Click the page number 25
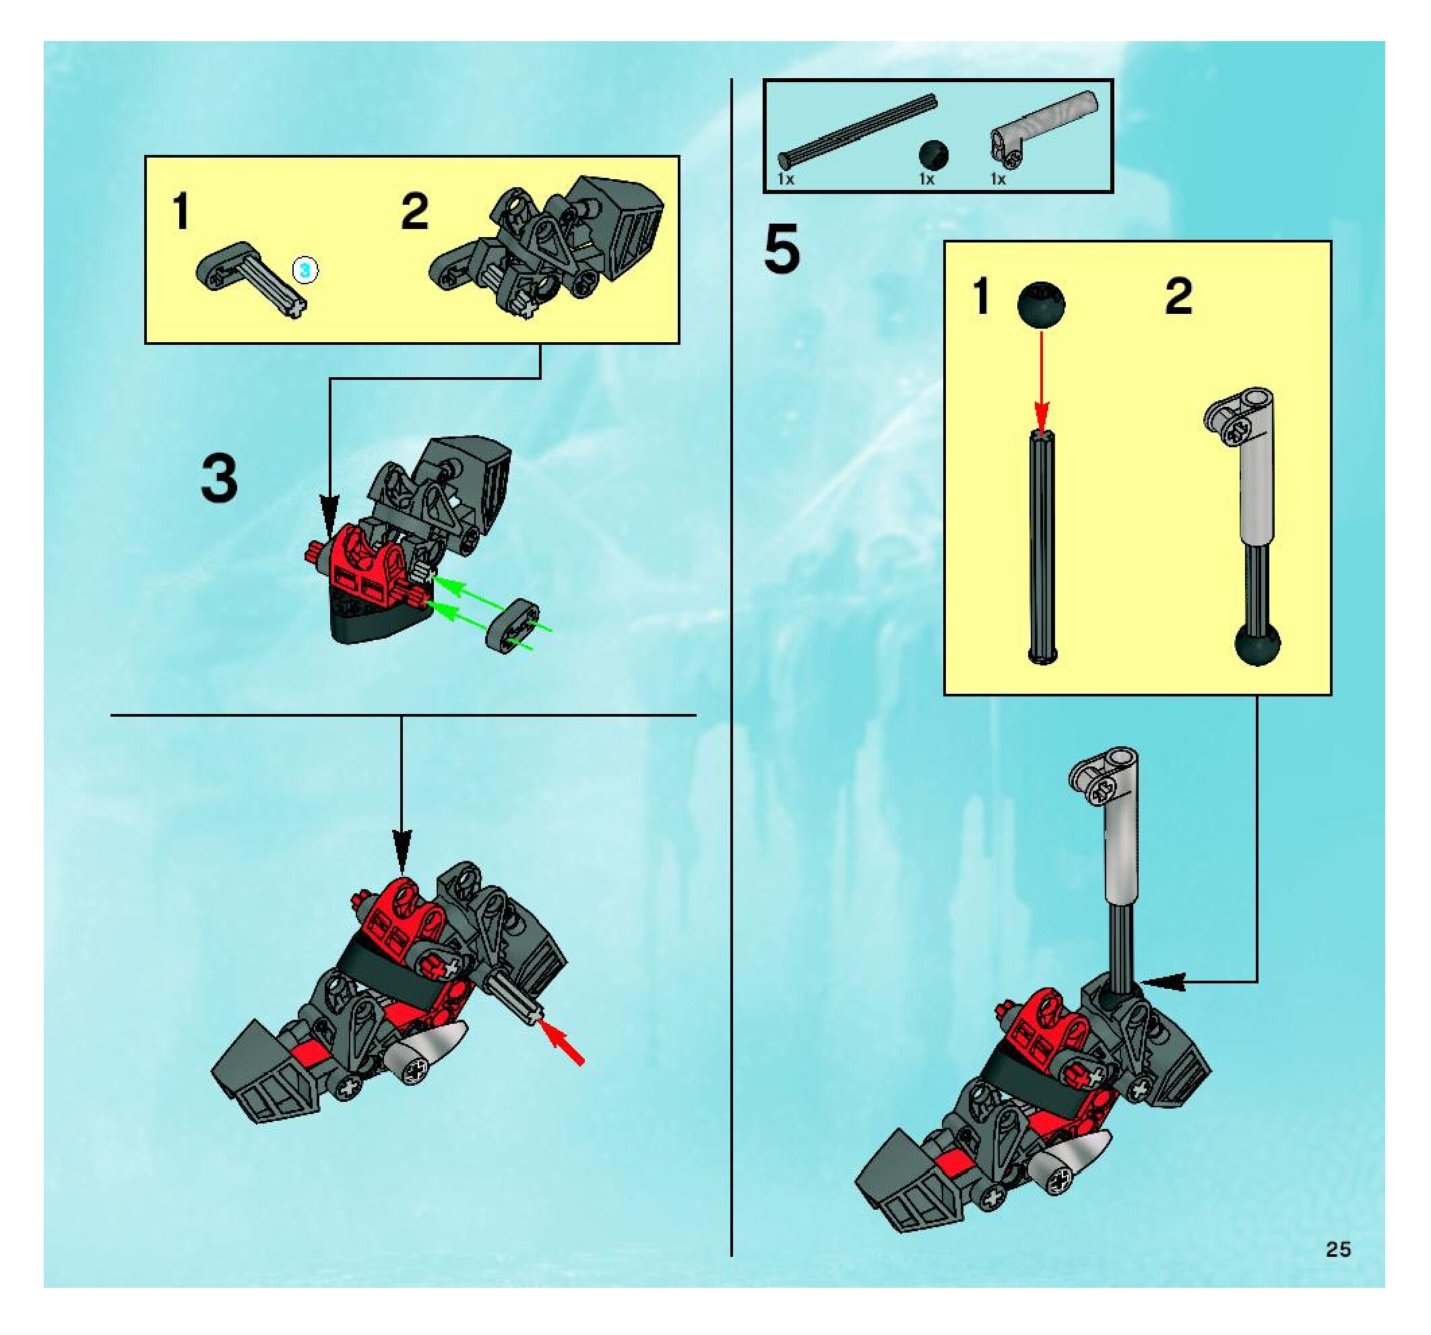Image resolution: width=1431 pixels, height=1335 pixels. tap(1338, 1249)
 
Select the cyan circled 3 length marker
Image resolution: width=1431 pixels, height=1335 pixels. tap(305, 271)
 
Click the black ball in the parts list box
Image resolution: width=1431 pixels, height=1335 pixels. tap(934, 155)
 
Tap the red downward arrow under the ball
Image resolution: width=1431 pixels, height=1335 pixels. tap(1042, 381)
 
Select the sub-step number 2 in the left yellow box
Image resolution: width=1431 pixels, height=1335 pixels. tap(414, 211)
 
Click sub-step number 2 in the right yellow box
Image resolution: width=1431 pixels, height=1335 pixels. tap(1178, 296)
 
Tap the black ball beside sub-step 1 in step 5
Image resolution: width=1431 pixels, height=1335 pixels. tap(1042, 305)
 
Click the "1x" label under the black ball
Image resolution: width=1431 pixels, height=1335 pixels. tap(926, 179)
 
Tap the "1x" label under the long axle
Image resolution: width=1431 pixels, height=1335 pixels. tap(786, 179)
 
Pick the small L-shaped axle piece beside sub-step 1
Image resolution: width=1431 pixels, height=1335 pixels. tap(252, 278)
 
